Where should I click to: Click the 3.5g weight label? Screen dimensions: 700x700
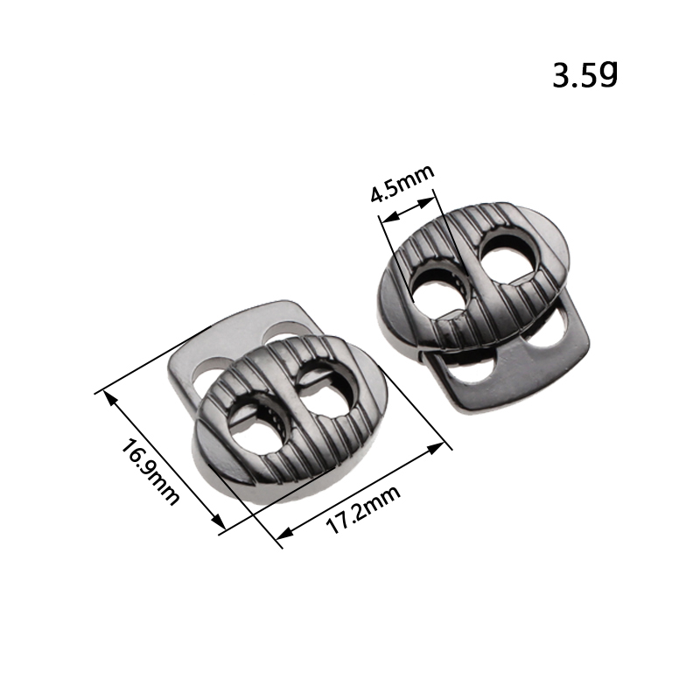[x=584, y=74]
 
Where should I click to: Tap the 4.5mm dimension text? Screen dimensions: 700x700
[x=402, y=184]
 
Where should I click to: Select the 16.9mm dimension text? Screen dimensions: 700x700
[x=150, y=472]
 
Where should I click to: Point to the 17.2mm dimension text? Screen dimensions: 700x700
[x=363, y=509]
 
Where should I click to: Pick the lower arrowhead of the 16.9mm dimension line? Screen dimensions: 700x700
[x=217, y=521]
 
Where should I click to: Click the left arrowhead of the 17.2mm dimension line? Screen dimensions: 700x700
[x=285, y=532]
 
